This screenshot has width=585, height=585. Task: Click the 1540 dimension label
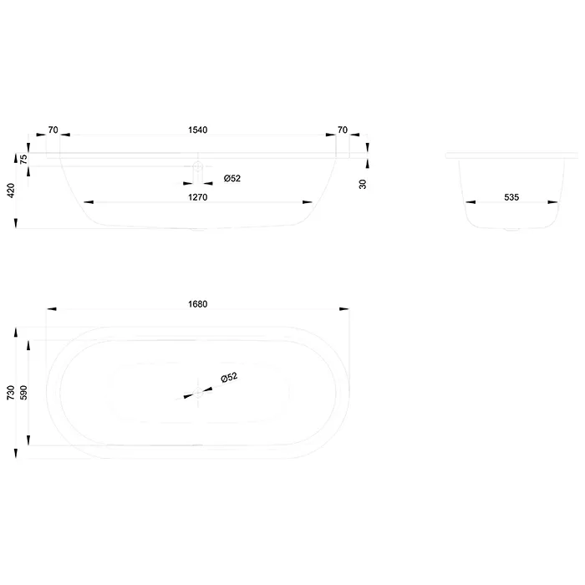click(197, 130)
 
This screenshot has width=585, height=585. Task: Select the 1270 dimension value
click(197, 197)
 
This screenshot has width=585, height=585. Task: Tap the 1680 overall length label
click(197, 304)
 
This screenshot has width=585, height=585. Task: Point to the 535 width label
click(511, 197)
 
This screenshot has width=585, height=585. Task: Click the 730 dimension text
click(11, 393)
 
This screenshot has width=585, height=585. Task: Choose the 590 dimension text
click(23, 393)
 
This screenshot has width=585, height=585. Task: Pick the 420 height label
click(11, 191)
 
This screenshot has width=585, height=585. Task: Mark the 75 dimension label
click(23, 160)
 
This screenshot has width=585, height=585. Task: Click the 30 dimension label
click(363, 184)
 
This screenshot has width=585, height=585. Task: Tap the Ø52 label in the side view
click(232, 178)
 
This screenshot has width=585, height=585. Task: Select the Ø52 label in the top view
click(229, 377)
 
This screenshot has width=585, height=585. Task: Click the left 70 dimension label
click(53, 130)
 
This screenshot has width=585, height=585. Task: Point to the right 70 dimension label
click(343, 130)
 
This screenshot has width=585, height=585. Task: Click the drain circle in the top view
click(198, 393)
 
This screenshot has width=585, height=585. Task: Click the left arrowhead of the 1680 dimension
click(51, 309)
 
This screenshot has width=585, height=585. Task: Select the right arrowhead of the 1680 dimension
click(344, 309)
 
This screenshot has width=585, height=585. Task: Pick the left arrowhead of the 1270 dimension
click(89, 202)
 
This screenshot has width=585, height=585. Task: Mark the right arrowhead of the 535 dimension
click(553, 202)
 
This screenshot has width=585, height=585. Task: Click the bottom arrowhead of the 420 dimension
click(16, 223)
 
